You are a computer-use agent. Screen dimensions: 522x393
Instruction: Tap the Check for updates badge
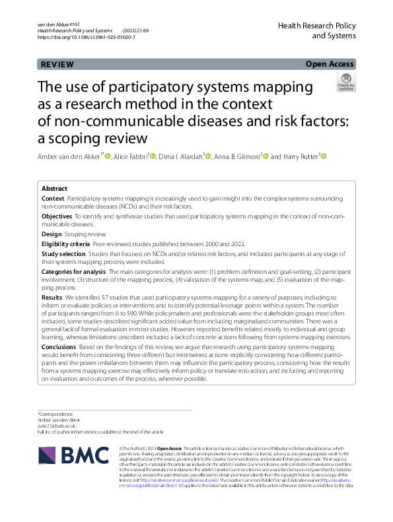[x=345, y=82]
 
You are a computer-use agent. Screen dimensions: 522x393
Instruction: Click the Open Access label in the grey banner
[x=331, y=64]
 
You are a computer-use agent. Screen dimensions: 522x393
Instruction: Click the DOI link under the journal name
[x=87, y=38]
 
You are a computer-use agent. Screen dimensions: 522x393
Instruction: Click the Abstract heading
[x=54, y=188]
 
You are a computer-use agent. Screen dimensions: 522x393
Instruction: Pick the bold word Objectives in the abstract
[x=57, y=216]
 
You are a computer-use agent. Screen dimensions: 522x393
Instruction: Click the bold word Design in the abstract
[x=52, y=234]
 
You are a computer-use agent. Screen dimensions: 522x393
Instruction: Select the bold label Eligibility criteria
[x=65, y=244]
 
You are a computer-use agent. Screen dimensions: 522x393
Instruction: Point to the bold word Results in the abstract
[x=52, y=298]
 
